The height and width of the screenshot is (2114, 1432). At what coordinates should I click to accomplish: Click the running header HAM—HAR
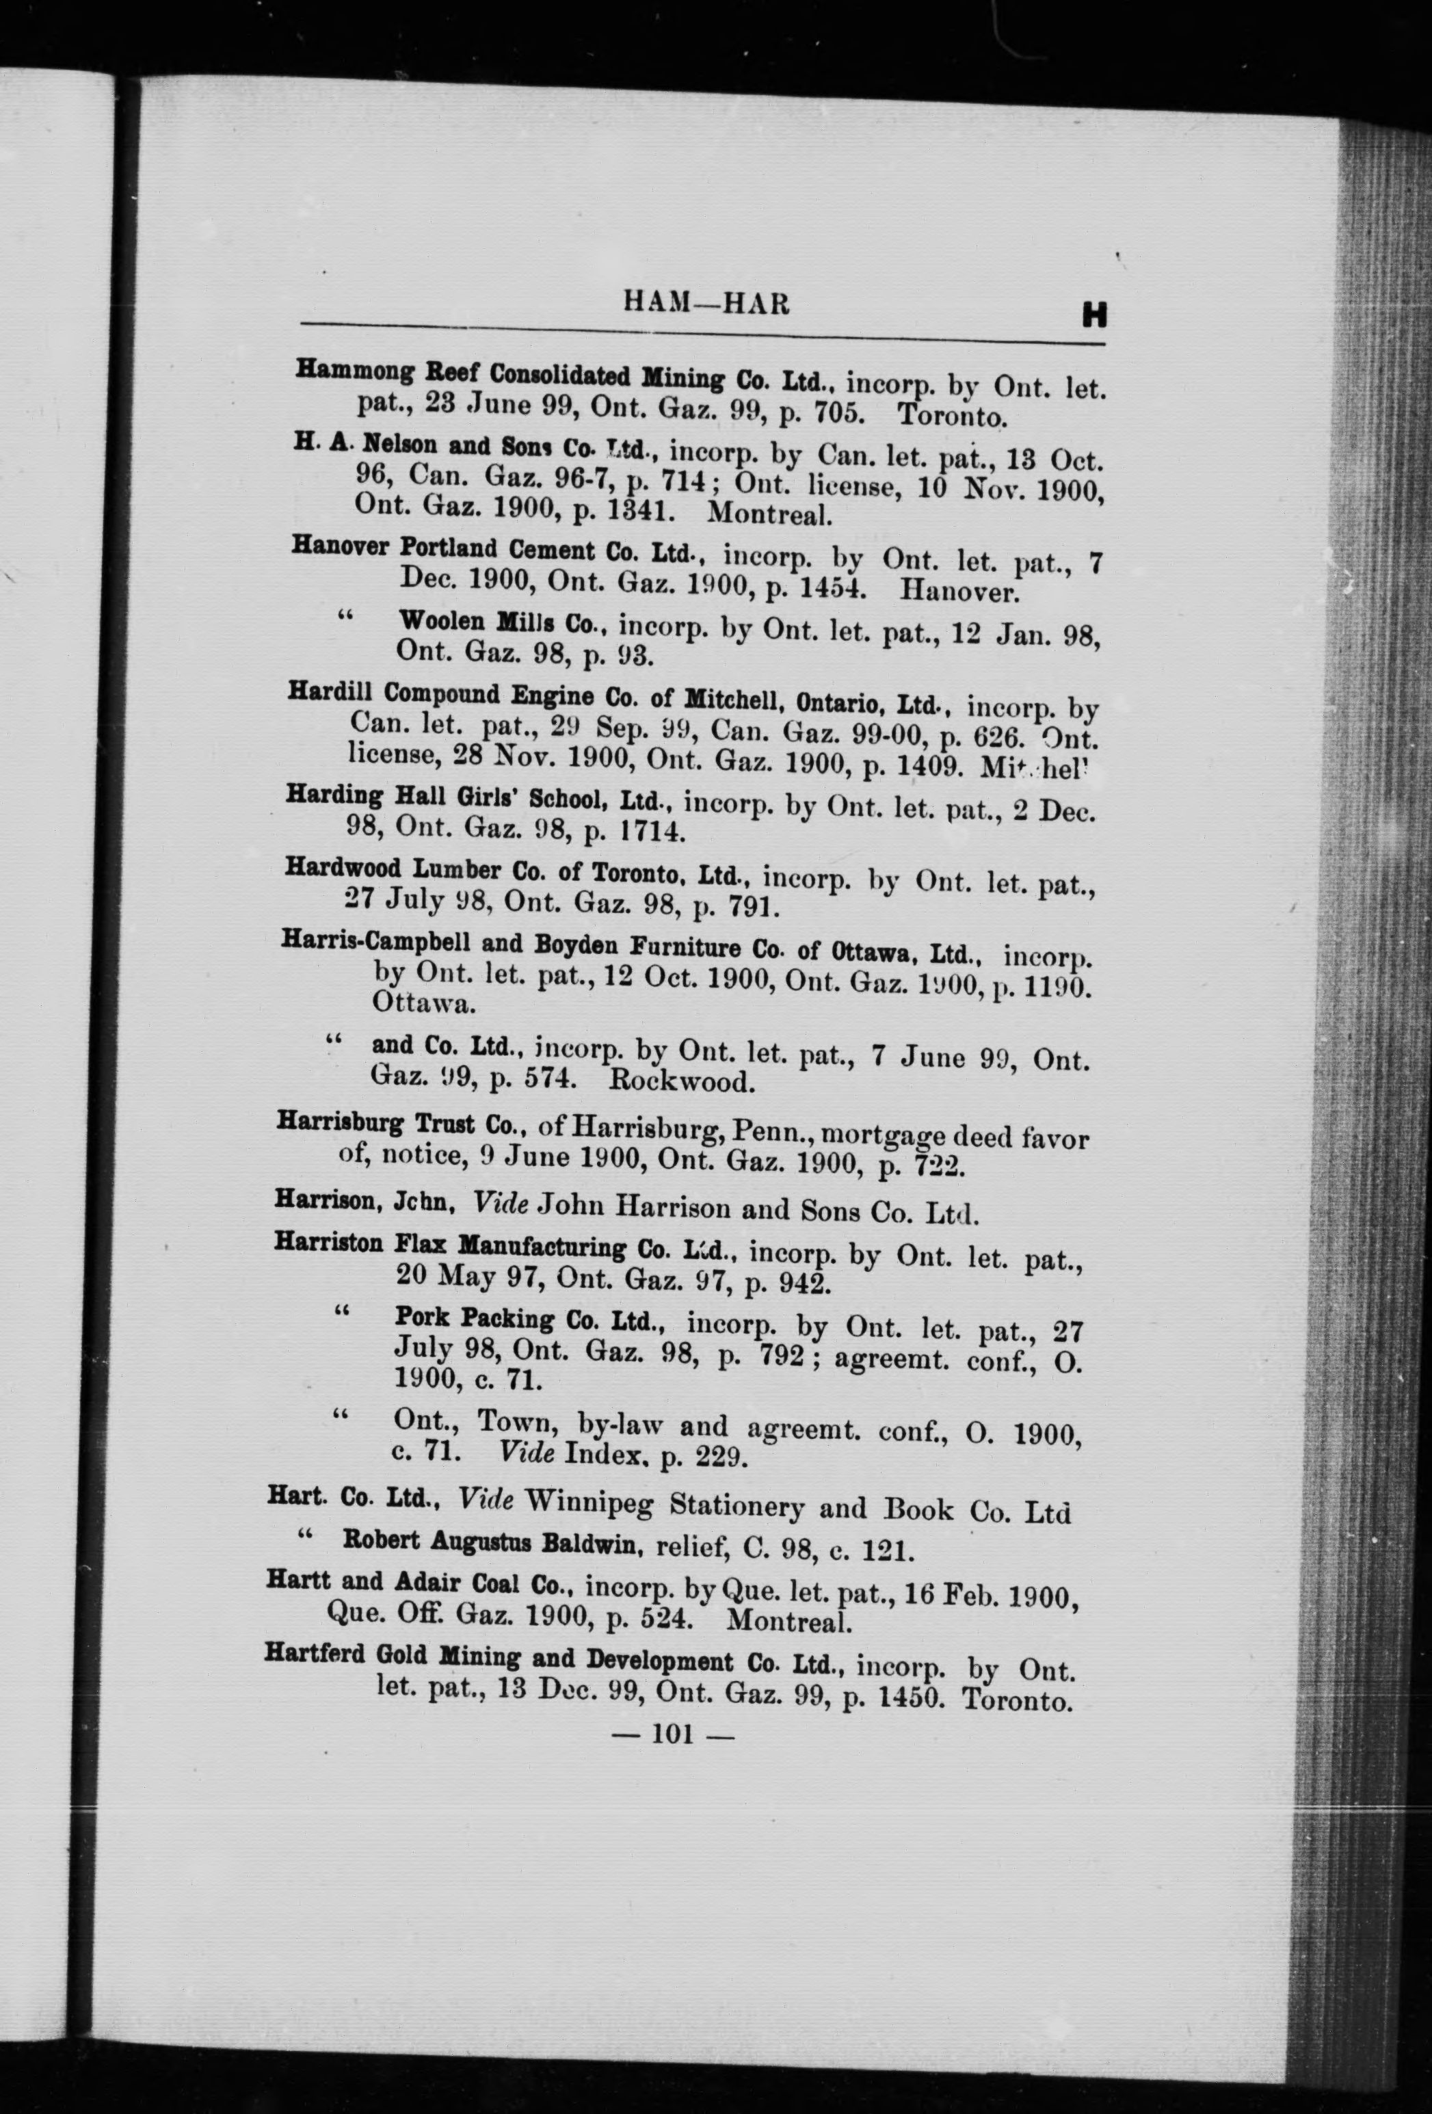pyautogui.click(x=706, y=303)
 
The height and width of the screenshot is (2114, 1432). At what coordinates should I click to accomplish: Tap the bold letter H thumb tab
pyautogui.click(x=1093, y=315)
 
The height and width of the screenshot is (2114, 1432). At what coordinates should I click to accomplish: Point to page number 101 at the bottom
pyautogui.click(x=673, y=1734)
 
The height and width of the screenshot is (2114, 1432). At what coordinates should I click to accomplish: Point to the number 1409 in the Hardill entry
pyautogui.click(x=928, y=765)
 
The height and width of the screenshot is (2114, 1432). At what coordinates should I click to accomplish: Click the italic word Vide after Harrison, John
pyautogui.click(x=501, y=1204)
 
